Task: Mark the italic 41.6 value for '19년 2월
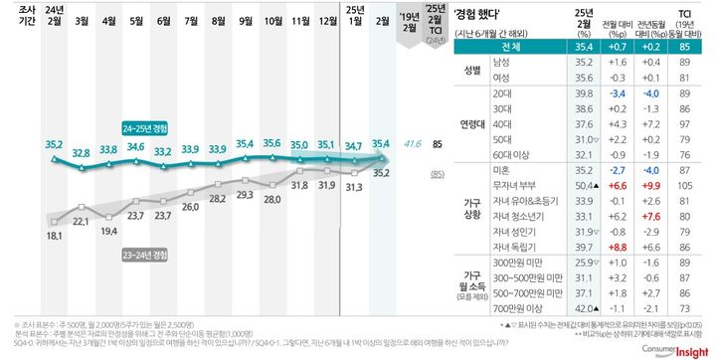point(410,144)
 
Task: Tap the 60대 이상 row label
point(514,154)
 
